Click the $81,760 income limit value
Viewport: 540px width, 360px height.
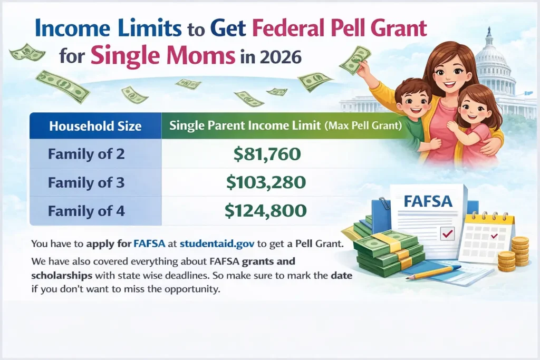click(266, 154)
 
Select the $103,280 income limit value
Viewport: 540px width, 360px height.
click(266, 182)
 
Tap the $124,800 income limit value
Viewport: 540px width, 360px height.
click(266, 211)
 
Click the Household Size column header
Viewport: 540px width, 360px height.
click(95, 126)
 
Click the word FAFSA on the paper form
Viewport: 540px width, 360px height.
click(428, 201)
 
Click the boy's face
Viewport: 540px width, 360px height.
click(413, 102)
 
